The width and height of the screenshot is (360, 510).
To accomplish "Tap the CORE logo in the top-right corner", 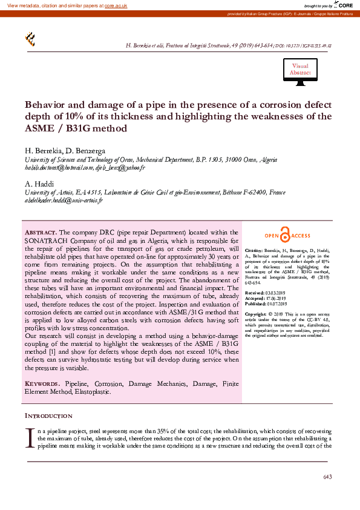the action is coord(344,5).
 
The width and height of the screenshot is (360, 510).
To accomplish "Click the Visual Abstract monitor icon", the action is coord(300,70).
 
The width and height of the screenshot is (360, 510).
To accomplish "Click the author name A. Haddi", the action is coord(40,184).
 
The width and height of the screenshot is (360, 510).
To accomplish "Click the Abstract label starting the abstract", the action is coord(41,233).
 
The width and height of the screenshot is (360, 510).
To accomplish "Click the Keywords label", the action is coord(42,384).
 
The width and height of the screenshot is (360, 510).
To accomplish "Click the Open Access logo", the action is coord(287,236).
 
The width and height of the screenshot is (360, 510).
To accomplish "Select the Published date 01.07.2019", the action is coord(277,303).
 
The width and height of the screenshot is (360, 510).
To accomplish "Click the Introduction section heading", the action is coord(48,416).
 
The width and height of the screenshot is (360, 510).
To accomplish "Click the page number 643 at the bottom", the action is coord(327,477).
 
